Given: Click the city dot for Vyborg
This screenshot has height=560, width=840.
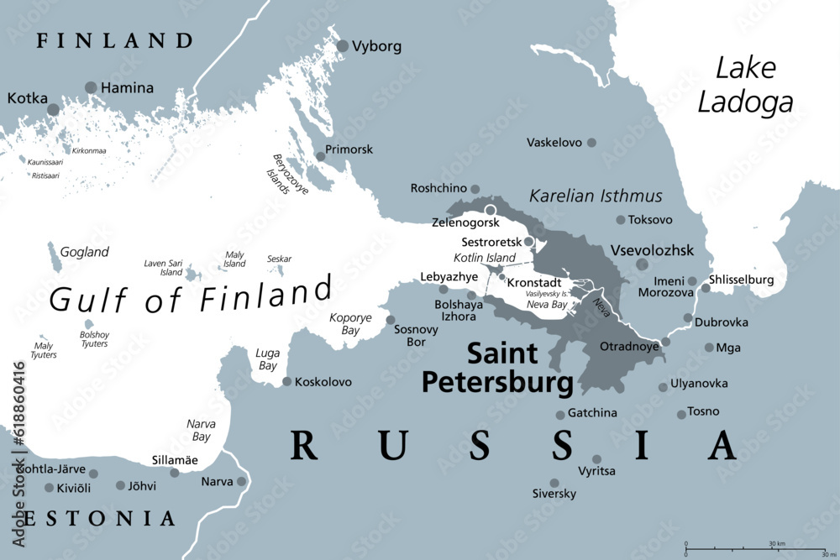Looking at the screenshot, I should click(343, 46).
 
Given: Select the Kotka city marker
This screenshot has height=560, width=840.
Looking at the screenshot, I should click(54, 109).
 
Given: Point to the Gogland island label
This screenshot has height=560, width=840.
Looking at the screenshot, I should click(85, 252).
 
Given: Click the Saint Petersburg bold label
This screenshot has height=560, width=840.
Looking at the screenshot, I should click(491, 368).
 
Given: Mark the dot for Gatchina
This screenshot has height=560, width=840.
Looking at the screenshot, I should click(560, 414).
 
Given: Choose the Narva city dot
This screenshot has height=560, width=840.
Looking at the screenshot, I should click(242, 481).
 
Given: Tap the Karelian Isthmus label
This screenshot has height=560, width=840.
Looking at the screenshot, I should click(596, 196).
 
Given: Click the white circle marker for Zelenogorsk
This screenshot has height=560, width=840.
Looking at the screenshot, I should click(491, 210).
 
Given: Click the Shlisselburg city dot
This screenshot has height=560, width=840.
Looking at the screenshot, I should click(706, 288).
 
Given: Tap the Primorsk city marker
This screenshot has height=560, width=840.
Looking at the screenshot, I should click(320, 156).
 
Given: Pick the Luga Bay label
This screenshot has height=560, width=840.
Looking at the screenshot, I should click(267, 359).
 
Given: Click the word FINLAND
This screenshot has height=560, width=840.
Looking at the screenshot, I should click(115, 40).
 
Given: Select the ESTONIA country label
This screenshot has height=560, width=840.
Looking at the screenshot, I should click(101, 518).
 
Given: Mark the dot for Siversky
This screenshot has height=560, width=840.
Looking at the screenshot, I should click(554, 483).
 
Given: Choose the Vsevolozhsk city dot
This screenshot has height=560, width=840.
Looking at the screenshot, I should click(642, 264).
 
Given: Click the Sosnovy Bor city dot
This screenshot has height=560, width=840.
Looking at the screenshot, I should click(391, 319).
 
